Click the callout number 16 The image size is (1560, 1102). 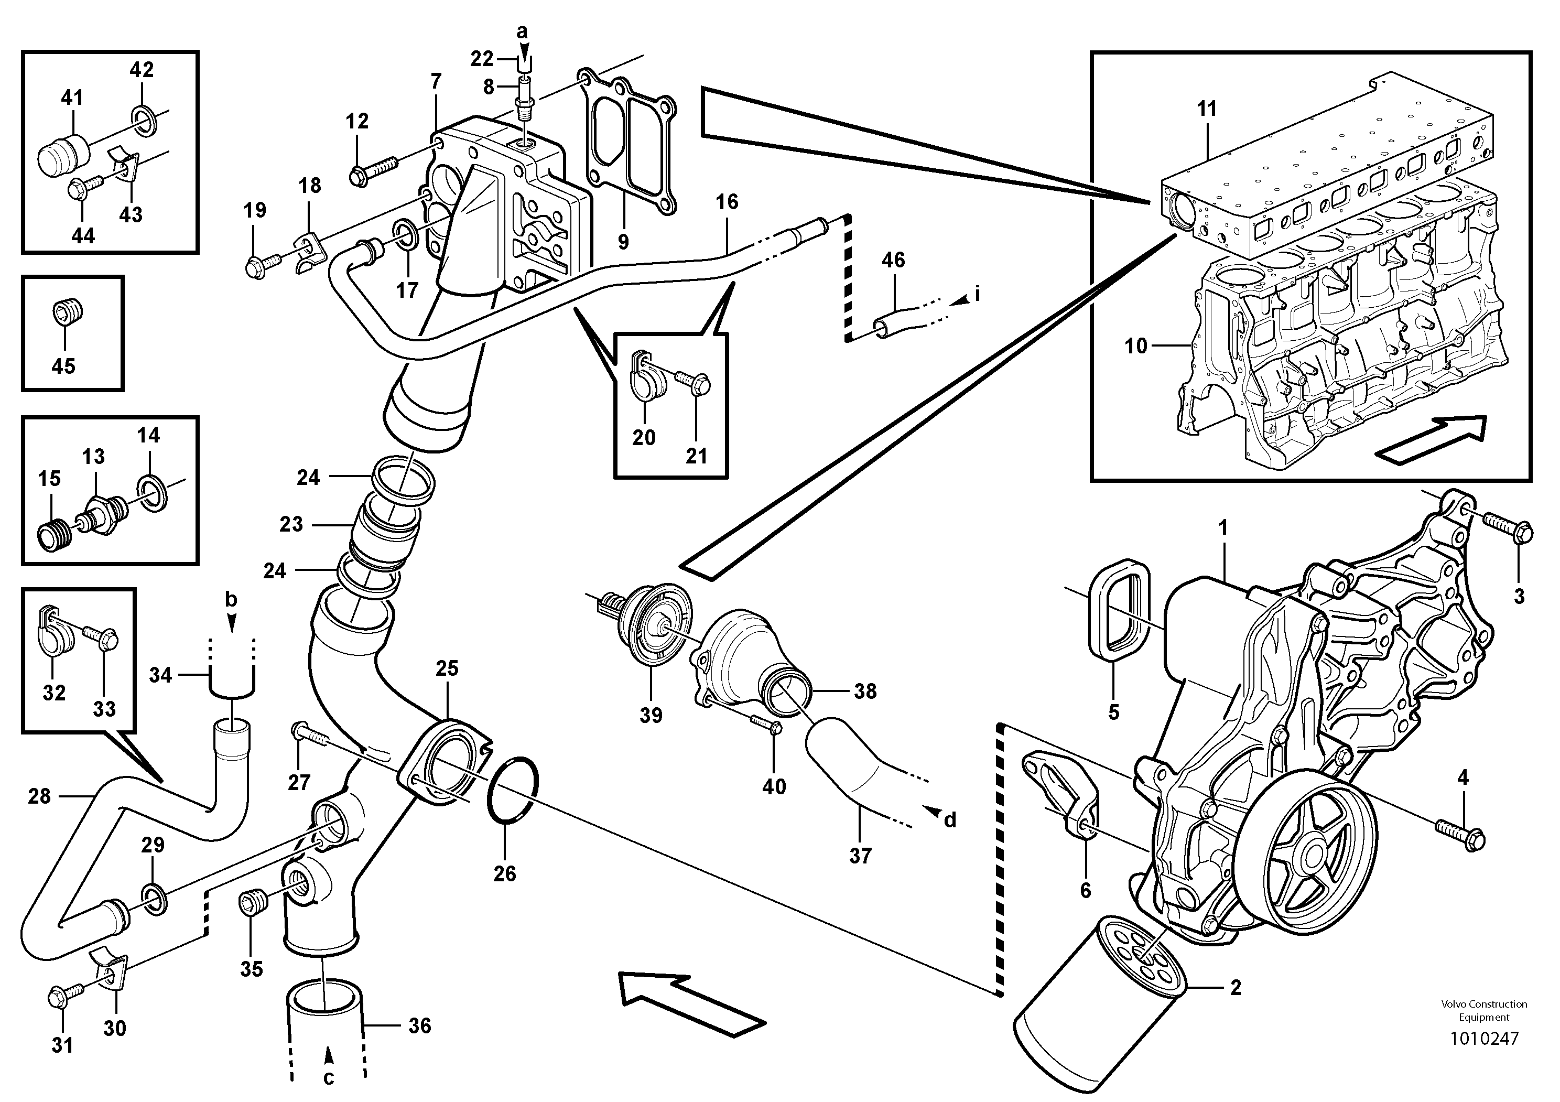tap(727, 201)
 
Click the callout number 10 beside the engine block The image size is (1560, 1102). tap(1135, 346)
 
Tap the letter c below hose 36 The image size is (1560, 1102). tap(329, 1077)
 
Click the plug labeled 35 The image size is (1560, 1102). tap(251, 905)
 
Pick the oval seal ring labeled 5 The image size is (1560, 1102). tap(1118, 608)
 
